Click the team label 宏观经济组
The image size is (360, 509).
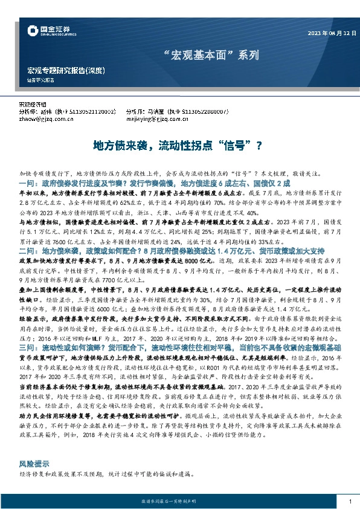pyautogui.click(x=32, y=105)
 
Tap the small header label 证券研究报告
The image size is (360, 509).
pyautogui.click(x=40, y=80)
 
